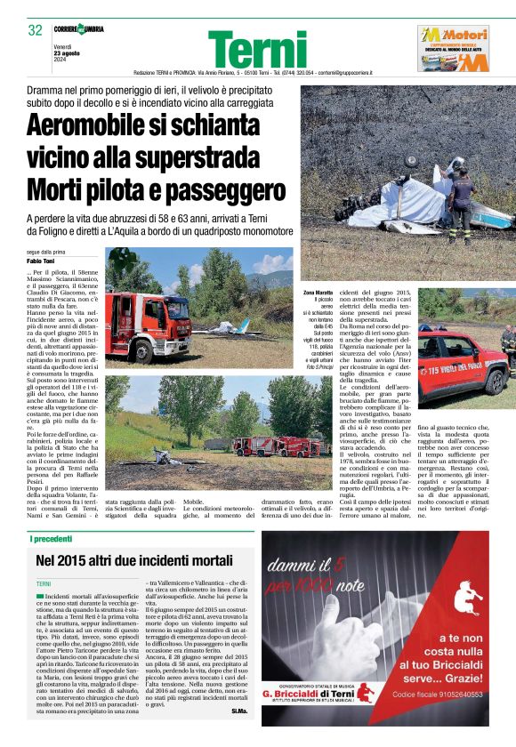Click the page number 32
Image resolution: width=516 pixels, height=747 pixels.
coord(36,30)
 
